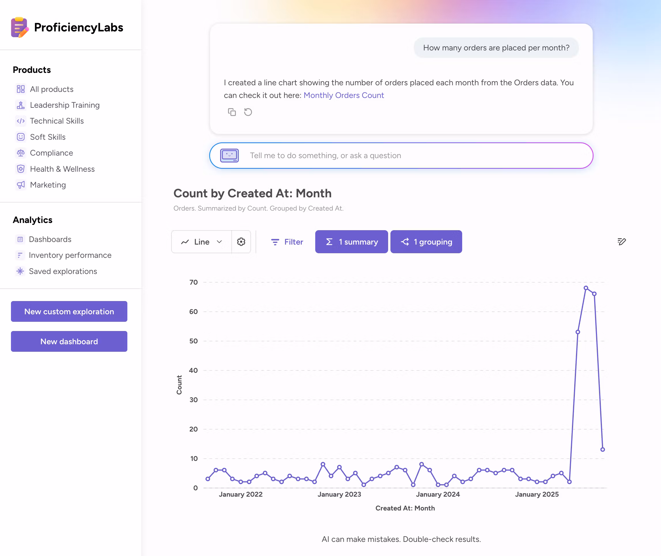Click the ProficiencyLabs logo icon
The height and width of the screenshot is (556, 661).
pos(20,27)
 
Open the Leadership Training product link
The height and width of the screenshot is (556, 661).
pos(65,105)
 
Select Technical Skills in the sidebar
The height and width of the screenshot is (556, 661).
pos(57,121)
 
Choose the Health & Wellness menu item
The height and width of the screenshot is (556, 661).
pos(62,169)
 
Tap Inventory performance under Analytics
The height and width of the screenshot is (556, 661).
pos(70,255)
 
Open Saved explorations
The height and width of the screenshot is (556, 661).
pos(63,271)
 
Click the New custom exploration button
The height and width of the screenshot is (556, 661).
pos(69,311)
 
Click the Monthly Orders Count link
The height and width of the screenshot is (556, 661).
pos(343,95)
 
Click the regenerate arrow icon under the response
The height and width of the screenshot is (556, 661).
pos(248,112)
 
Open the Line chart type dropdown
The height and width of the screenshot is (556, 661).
pos(201,242)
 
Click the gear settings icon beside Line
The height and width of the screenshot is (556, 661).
pos(241,242)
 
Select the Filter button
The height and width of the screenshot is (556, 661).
pos(287,242)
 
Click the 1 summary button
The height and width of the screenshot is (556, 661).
pos(352,242)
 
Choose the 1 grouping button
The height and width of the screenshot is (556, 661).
pos(426,242)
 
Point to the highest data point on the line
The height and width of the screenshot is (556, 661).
pos(586,288)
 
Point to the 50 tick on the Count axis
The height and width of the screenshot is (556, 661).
pos(194,341)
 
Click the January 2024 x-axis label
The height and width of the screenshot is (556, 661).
pos(438,494)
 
